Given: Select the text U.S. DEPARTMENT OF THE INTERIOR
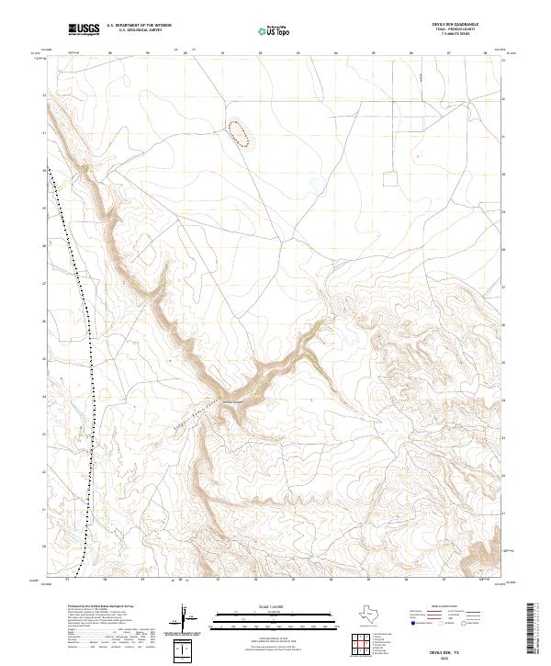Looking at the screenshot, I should (139, 26).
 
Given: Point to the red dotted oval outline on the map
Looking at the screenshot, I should (242, 134).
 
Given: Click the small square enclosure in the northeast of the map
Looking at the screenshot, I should (390, 178).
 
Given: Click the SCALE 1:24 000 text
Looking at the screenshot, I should (274, 607).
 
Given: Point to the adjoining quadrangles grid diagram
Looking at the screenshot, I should (362, 644).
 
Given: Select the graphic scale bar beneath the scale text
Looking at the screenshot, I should (274, 620).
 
